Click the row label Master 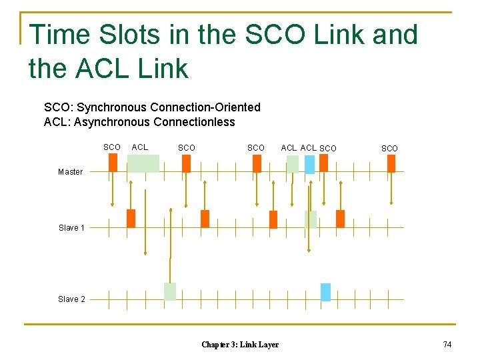pos(70,172)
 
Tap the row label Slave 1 pos(71,228)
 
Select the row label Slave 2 pos(71,299)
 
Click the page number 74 pos(447,344)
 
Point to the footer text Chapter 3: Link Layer pos(240,345)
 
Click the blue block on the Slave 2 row pos(325,292)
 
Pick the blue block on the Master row pos(309,164)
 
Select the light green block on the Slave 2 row pos(170,291)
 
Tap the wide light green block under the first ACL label pos(143,163)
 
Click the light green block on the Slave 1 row pos(310,219)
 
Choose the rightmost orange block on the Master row pos(391,163)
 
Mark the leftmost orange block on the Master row pos(113,163)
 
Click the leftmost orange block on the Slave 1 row pos(131,219)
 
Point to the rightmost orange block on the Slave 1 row pos(340,219)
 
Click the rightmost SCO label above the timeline pos(389,148)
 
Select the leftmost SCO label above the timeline pos(112,147)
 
